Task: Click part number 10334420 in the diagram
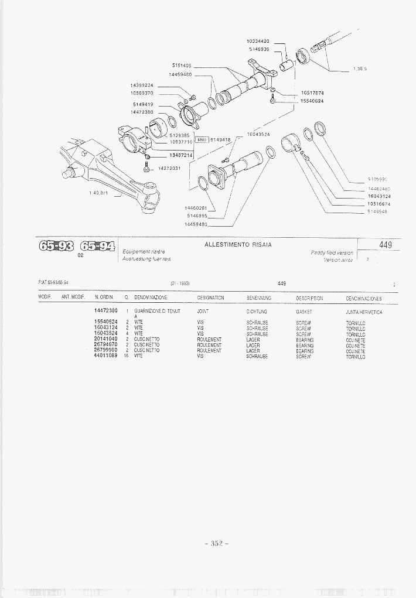pyautogui.click(x=257, y=41)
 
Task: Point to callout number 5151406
pyautogui.click(x=182, y=65)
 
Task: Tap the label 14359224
pyautogui.click(x=141, y=86)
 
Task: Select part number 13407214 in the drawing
pyautogui.click(x=181, y=155)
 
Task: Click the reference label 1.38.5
pyautogui.click(x=360, y=70)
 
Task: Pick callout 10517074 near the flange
pyautogui.click(x=312, y=93)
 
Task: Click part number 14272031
pyautogui.click(x=169, y=169)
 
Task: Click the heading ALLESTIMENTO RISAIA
pyautogui.click(x=238, y=244)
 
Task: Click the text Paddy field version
pyautogui.click(x=332, y=253)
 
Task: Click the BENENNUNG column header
pyautogui.click(x=258, y=298)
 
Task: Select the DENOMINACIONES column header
pyautogui.click(x=364, y=298)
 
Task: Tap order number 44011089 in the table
pyautogui.click(x=105, y=356)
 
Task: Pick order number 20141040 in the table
pyautogui.click(x=105, y=339)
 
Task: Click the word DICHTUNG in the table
pyautogui.click(x=257, y=312)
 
